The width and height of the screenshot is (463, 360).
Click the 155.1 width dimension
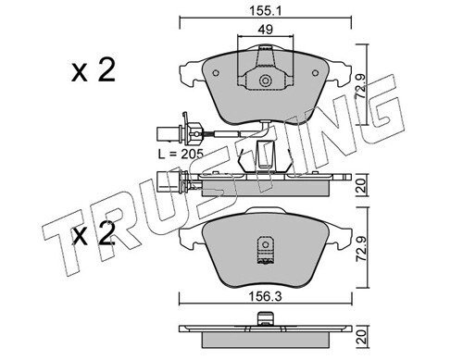click(x=266, y=11)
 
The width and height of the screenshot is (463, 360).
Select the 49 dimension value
click(x=266, y=30)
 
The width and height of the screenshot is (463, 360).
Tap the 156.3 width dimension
click(x=266, y=297)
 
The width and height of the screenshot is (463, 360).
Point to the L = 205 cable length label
click(x=181, y=154)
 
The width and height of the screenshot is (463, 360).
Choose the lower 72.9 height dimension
click(x=361, y=248)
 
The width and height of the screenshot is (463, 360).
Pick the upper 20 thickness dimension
click(x=361, y=185)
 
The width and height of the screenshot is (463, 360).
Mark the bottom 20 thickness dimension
click(x=361, y=338)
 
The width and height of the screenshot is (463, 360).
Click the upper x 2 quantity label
click(x=94, y=70)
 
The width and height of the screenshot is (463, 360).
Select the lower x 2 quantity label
click(x=94, y=233)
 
